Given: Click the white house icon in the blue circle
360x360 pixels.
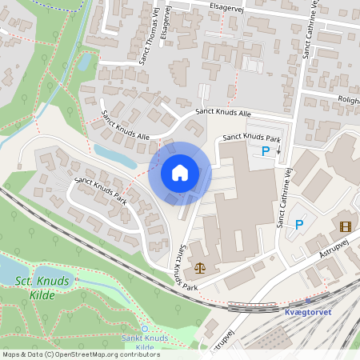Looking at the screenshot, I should [180, 173].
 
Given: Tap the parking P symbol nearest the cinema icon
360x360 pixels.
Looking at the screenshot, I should [299, 225].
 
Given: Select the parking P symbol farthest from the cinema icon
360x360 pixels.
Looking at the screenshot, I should [266, 150].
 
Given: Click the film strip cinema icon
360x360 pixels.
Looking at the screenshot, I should [345, 226].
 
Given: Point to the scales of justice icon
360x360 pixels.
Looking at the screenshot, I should [198, 268].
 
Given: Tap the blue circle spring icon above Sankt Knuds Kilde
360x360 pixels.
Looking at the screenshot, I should [144, 329].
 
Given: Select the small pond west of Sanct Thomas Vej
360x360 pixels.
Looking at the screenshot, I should [84, 62].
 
